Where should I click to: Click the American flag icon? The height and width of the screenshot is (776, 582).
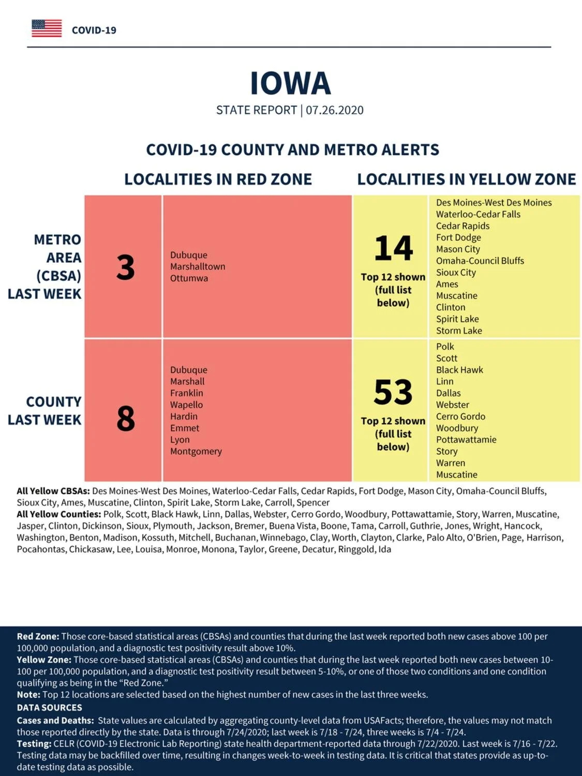click(x=47, y=28)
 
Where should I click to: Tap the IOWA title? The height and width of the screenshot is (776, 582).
click(x=290, y=84)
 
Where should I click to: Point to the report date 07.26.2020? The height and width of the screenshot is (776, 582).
click(x=334, y=110)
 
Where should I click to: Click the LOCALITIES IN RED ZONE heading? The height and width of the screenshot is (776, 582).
click(x=218, y=179)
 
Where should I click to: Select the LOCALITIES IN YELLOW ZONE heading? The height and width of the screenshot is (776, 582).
click(x=467, y=179)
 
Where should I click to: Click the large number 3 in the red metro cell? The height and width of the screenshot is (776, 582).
click(x=125, y=267)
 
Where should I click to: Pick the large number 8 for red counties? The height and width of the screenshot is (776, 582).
click(x=126, y=419)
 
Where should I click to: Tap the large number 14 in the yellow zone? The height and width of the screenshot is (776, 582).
click(x=393, y=248)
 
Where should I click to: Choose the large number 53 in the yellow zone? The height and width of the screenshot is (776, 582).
click(x=393, y=392)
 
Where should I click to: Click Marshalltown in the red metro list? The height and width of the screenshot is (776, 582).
click(x=198, y=266)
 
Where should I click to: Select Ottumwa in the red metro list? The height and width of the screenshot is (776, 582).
click(x=189, y=278)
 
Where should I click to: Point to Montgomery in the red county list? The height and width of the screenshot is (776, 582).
click(x=196, y=452)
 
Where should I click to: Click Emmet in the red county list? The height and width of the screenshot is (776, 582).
click(x=185, y=428)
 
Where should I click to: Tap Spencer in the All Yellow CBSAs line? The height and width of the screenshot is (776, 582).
click(x=313, y=502)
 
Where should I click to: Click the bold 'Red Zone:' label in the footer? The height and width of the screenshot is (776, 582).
click(x=38, y=636)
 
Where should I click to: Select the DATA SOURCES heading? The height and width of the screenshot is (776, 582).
click(x=50, y=707)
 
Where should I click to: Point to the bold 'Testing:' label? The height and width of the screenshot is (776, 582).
click(x=34, y=743)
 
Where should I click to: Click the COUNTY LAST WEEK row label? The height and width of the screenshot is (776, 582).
click(x=44, y=411)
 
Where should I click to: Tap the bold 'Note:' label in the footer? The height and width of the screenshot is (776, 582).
click(x=28, y=695)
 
